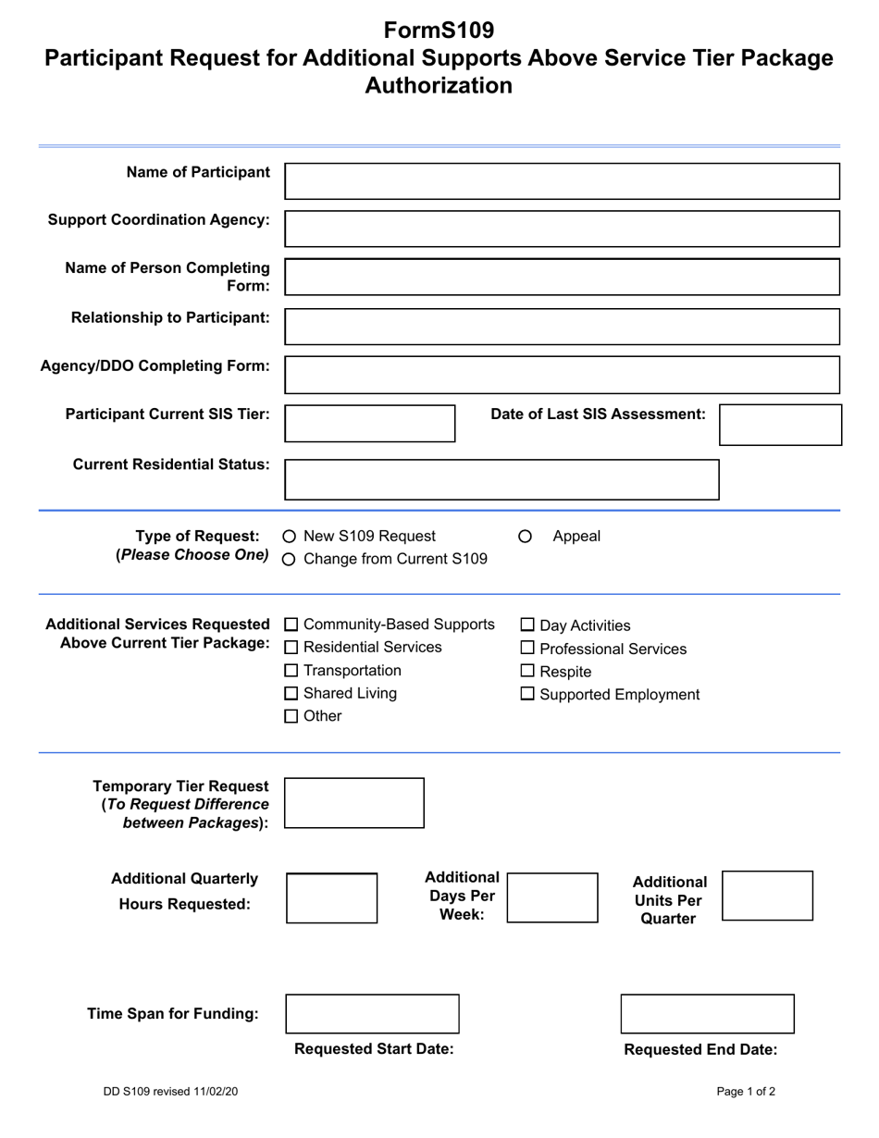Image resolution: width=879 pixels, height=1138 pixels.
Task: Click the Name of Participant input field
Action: coord(562,181)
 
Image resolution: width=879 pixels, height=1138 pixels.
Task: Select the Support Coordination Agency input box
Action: coord(562,229)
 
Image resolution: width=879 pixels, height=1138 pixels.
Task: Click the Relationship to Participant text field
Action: coord(562,327)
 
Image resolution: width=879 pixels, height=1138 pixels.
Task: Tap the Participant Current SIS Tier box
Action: coord(369,423)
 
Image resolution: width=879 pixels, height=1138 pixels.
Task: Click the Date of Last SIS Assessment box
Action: coord(780,425)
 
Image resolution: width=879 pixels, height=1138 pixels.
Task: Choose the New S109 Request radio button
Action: coord(290,537)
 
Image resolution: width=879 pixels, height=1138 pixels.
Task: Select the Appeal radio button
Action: coord(526,537)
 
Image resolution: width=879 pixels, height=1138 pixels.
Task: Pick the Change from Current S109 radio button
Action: coord(290,560)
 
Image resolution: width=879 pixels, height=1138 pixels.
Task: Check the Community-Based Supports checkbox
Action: coord(291,625)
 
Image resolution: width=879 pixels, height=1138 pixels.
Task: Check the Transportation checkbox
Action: coord(291,671)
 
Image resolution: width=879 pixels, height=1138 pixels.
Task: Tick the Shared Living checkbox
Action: coord(291,694)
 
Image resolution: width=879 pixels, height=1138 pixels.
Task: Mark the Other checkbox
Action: coord(291,716)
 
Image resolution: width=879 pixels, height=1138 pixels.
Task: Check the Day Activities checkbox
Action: coord(528,626)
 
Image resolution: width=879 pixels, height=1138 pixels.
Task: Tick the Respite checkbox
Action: coord(528,672)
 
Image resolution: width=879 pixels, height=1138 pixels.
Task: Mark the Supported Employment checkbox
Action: coord(528,695)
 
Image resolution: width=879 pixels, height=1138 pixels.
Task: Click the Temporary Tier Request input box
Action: coord(353,803)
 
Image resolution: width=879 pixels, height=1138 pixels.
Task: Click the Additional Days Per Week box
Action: coord(552,897)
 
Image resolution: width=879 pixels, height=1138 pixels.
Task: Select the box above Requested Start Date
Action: coord(372,1014)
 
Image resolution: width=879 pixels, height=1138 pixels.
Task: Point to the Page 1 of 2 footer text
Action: coord(746,1092)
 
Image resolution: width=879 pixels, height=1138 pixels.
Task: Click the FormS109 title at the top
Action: coord(439,31)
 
